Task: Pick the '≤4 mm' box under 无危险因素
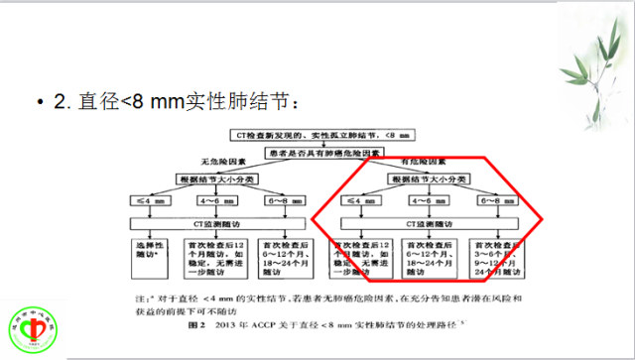[x=148, y=202]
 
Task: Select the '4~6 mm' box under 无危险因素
[x=218, y=202]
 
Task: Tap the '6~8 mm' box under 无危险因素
[x=288, y=202]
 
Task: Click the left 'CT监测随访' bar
[x=218, y=225]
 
